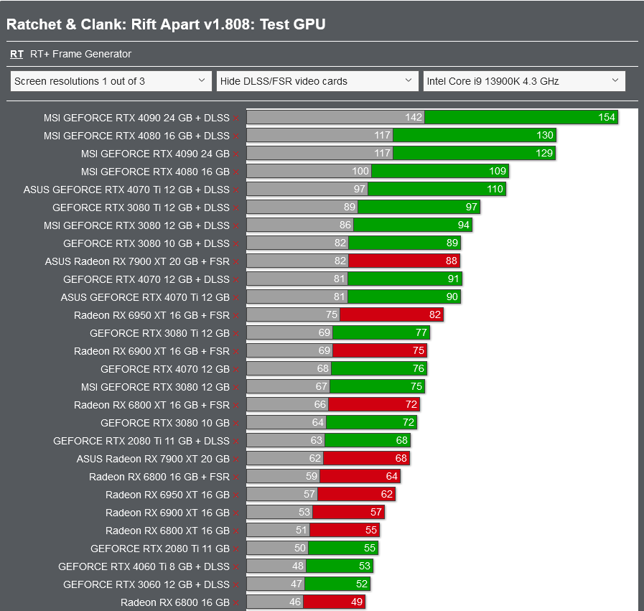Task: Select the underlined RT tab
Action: (x=17, y=54)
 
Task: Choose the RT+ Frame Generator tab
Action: (x=80, y=54)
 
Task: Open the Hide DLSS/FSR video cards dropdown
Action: (x=317, y=81)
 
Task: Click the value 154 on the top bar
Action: (x=607, y=118)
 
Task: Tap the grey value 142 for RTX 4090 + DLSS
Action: (x=414, y=118)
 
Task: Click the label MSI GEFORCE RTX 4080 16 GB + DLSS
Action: (x=136, y=136)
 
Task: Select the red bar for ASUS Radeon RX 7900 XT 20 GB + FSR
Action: (x=403, y=261)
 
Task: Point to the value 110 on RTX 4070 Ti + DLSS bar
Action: (x=495, y=190)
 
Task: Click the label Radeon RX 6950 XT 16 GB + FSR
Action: (x=151, y=315)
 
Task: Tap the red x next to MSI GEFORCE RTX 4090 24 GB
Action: (x=235, y=154)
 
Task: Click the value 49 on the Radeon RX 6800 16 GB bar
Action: (x=357, y=602)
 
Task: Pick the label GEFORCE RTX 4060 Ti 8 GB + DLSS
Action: (x=144, y=566)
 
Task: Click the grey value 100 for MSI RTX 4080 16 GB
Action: (x=360, y=172)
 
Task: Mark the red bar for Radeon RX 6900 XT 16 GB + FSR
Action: (x=379, y=351)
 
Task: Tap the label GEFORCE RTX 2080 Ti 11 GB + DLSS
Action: (x=141, y=441)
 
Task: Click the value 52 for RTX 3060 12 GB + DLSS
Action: (x=362, y=584)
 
